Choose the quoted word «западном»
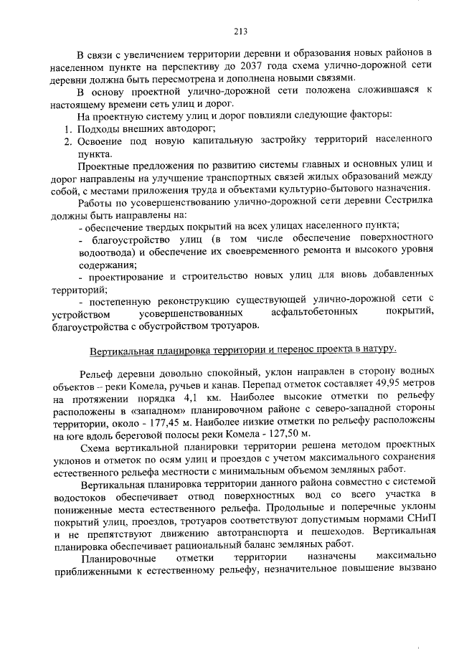pos(161,411)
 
